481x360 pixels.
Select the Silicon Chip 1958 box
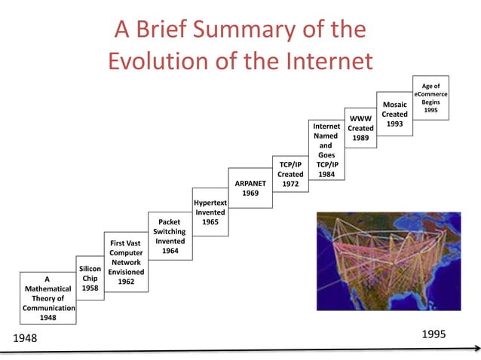pyautogui.click(x=90, y=278)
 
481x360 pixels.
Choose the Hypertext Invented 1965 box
pyautogui.click(x=210, y=212)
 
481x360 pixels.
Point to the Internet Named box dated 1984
pyautogui.click(x=326, y=149)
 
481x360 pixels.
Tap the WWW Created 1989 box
pyautogui.click(x=360, y=128)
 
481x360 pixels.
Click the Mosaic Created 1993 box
pyautogui.click(x=394, y=114)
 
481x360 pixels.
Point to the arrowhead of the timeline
pyautogui.click(x=476, y=348)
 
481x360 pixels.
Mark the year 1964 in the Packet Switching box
pyautogui.click(x=170, y=251)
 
